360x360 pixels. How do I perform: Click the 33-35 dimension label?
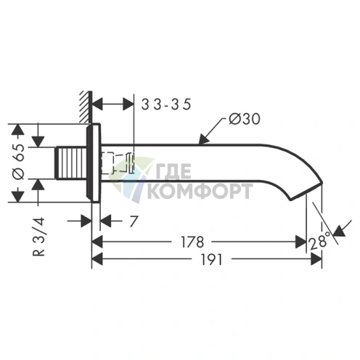tap(166, 105)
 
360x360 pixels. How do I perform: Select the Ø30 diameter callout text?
tap(245, 119)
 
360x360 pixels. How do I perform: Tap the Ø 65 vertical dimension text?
tap(19, 162)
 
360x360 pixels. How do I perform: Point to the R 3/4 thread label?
tap(38, 237)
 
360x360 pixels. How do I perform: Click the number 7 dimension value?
tap(134, 221)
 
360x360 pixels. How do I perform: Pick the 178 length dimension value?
tap(192, 242)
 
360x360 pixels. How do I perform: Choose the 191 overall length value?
tap(211, 260)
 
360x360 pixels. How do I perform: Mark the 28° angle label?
tap(319, 242)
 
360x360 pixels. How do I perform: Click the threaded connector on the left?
tap(71, 163)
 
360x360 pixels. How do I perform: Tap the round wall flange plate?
tap(94, 163)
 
